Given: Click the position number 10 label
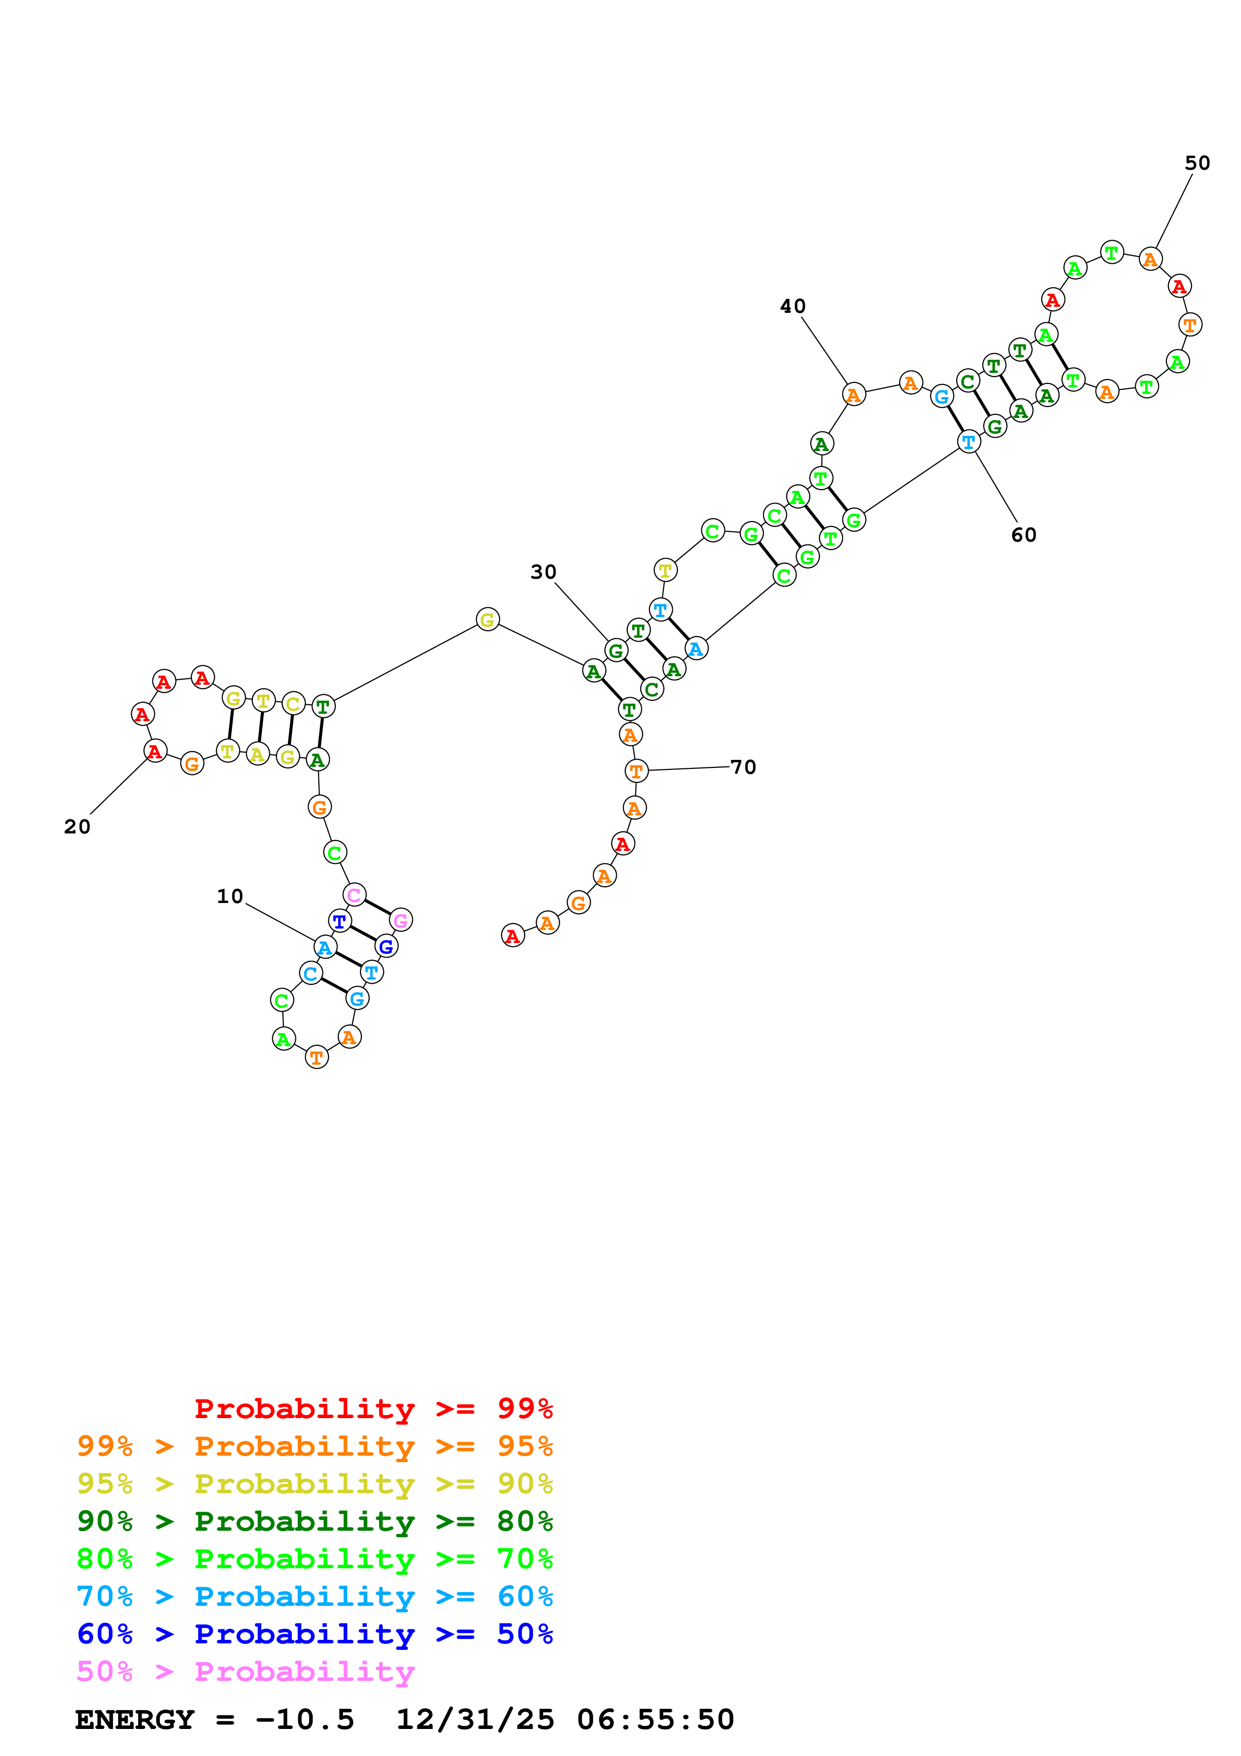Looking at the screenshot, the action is (229, 897).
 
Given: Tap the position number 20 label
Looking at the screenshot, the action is (77, 827).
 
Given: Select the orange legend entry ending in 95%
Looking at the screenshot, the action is (314, 1446).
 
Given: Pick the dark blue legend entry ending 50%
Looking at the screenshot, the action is (314, 1634).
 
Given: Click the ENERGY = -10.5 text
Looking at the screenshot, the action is (214, 1719).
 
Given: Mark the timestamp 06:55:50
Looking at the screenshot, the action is (655, 1719).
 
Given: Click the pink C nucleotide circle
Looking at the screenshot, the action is (354, 895).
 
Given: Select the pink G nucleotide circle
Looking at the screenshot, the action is (400, 920).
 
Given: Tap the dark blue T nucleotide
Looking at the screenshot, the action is (339, 922).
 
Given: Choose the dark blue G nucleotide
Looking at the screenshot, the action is (386, 947).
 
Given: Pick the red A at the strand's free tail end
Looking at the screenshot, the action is (512, 936).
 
